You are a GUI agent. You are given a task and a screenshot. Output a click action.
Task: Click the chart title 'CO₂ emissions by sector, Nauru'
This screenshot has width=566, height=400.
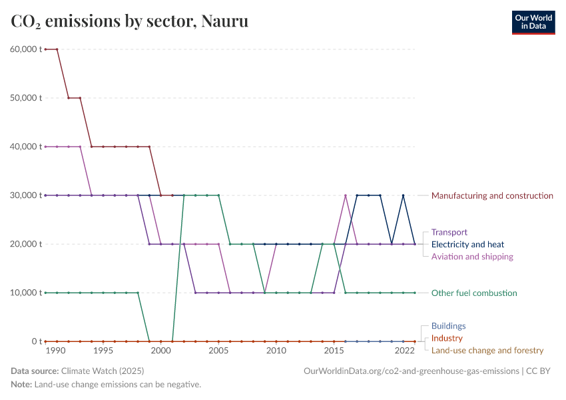pos(130,21)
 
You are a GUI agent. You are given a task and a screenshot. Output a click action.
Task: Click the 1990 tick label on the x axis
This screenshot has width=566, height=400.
pos(56,351)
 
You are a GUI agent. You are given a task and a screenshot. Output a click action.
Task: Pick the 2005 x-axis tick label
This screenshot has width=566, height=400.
pos(218,351)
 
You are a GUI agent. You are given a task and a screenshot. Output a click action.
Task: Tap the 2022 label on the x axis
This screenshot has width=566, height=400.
pos(404,351)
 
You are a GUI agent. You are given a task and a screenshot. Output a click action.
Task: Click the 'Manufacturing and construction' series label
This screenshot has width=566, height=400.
pos(492,195)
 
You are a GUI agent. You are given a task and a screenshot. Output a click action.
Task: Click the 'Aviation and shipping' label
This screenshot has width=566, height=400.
pos(472,257)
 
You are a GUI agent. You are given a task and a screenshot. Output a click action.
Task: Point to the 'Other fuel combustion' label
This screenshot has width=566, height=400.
pos(474,293)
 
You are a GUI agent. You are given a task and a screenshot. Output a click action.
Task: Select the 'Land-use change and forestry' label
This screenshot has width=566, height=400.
pos(487,350)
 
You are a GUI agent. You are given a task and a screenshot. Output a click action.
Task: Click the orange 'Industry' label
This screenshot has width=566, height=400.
pos(447,338)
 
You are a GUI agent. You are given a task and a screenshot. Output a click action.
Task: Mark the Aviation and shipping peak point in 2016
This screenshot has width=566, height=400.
pos(346,195)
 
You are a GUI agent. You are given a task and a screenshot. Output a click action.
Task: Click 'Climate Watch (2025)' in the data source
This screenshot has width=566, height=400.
pos(102,371)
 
